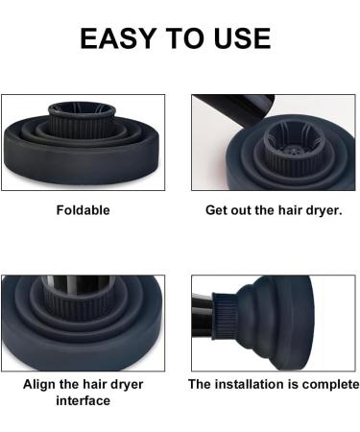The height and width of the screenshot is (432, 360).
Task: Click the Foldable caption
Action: coord(84,208)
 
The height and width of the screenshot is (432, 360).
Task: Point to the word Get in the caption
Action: coord(219,208)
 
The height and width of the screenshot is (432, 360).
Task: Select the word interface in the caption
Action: coord(84,400)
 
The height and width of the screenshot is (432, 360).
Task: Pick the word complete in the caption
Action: coord(327,384)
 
